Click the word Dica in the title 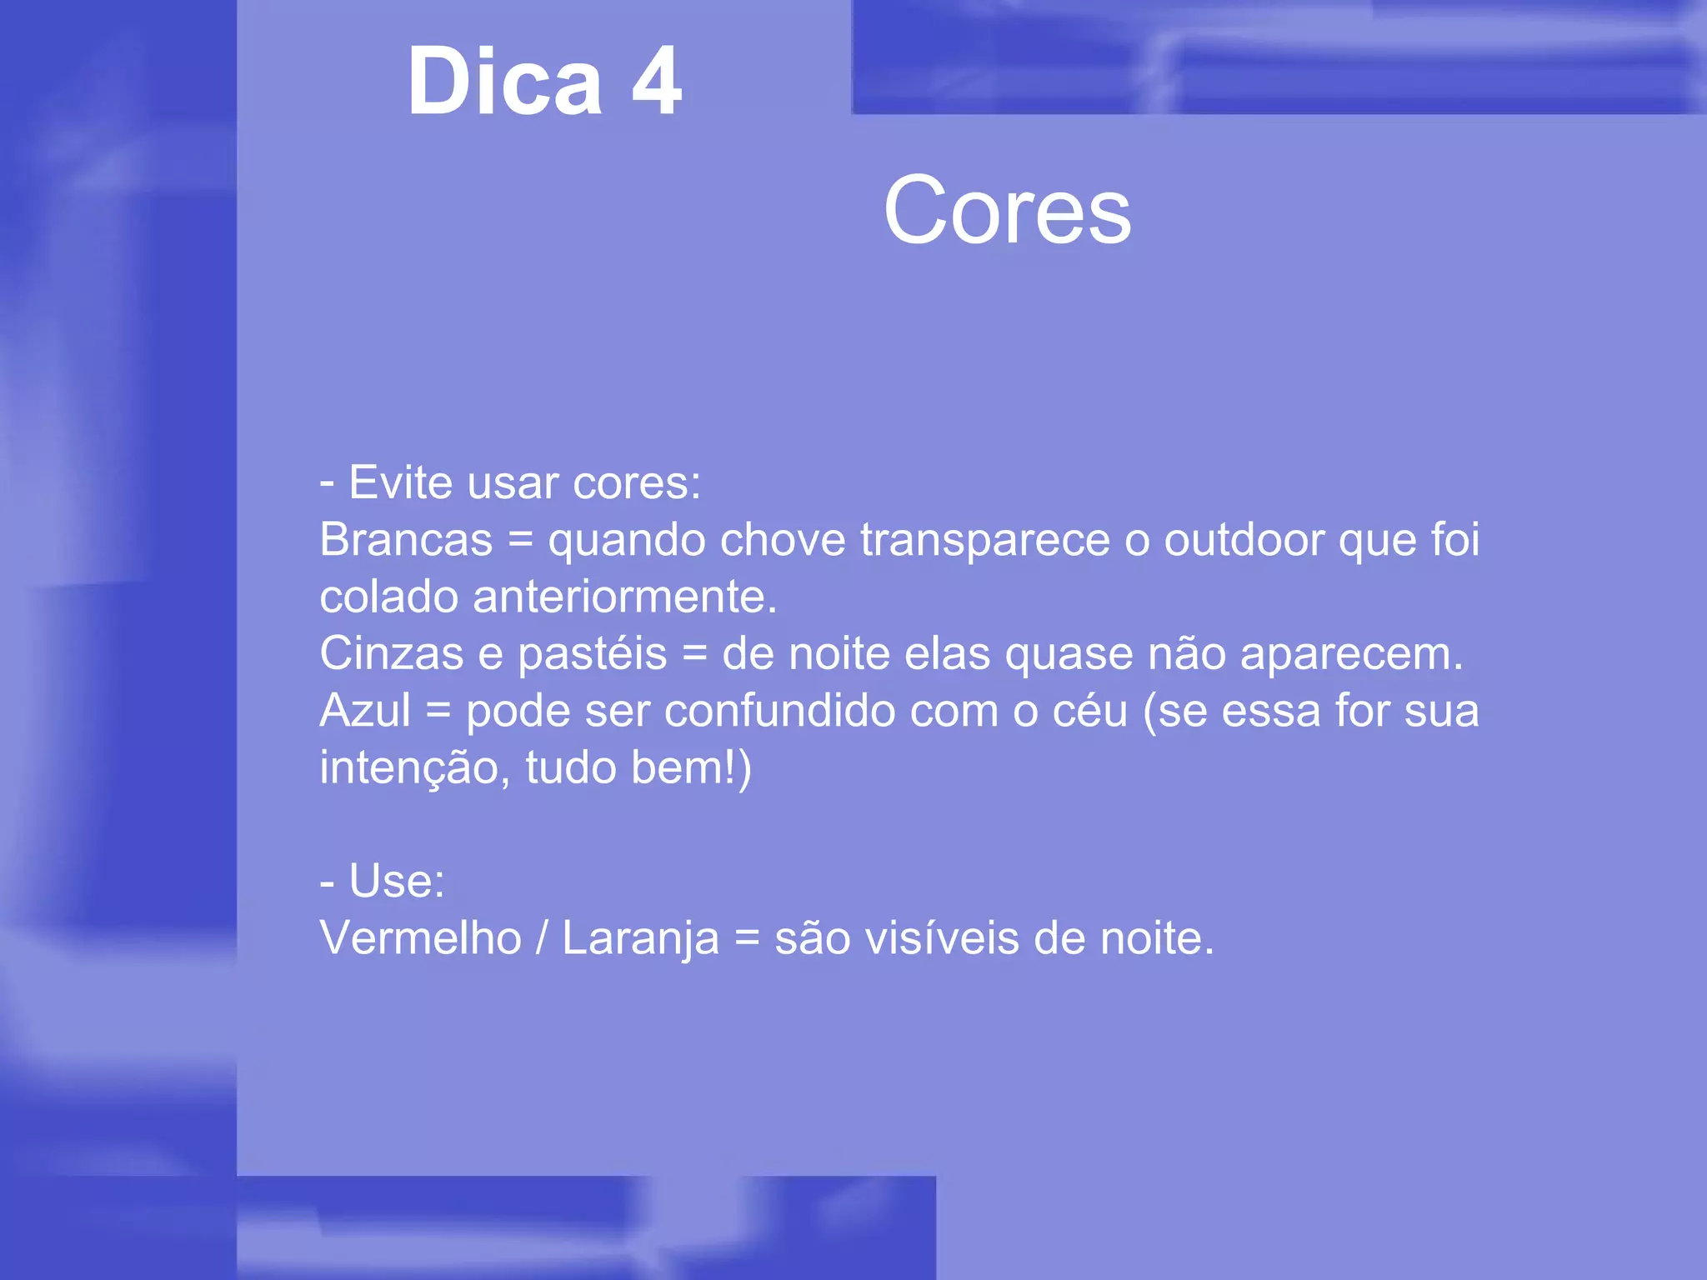504,82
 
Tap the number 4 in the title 657,82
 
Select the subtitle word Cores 1007,212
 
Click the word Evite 401,482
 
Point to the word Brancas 406,540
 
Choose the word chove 783,540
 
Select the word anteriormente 624,597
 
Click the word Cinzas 391,653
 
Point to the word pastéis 592,655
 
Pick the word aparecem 1351,655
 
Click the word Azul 365,711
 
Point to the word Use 396,881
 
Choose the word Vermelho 420,938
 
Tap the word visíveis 942,938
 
